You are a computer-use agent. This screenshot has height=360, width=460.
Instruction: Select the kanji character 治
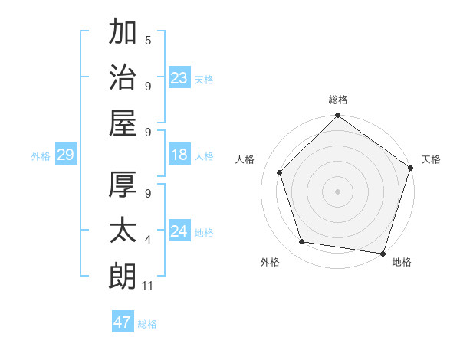[x=123, y=77]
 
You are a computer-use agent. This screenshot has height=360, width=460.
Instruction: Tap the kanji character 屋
[x=123, y=123]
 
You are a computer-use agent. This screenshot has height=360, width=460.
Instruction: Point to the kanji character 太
[x=123, y=230]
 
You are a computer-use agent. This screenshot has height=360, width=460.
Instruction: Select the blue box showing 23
[x=179, y=78]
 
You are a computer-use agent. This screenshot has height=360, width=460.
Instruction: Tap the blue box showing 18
[x=179, y=155]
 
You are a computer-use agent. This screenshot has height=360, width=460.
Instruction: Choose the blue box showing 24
[x=179, y=232]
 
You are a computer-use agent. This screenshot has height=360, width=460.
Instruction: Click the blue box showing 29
[x=65, y=155]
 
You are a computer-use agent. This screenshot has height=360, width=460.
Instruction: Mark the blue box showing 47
[x=123, y=322]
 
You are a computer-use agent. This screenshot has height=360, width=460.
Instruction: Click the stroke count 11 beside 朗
[x=149, y=286]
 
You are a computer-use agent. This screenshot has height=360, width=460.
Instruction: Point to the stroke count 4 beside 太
[x=148, y=240]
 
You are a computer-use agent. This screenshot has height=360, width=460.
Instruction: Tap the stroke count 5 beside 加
[x=148, y=40]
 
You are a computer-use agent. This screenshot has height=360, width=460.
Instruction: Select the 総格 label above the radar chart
[x=337, y=100]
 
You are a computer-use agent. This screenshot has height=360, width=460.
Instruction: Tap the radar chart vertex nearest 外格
[x=302, y=242]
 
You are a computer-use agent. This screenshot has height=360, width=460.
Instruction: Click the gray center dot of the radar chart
[x=337, y=191]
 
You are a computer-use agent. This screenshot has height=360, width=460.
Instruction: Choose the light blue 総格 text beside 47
[x=147, y=324]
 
